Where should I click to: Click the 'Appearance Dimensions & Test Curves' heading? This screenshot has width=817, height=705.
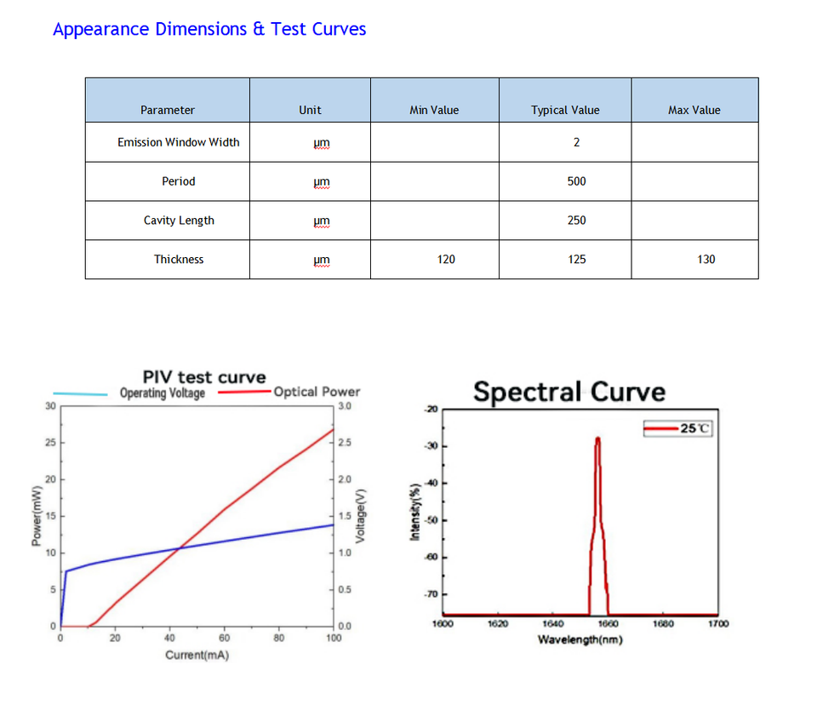209,29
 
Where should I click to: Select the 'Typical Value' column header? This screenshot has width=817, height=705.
565,110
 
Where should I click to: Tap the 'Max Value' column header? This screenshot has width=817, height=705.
694,110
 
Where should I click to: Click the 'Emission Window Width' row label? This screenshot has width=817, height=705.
179,142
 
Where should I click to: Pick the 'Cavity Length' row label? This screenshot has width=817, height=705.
179,221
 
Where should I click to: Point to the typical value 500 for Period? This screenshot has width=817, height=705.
577,181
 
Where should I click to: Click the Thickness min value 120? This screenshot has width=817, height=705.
446,260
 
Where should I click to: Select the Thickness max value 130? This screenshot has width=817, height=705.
706,260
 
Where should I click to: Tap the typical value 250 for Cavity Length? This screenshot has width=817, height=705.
577,221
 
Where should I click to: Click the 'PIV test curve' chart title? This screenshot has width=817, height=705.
204,376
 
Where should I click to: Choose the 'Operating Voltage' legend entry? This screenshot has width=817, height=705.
162,393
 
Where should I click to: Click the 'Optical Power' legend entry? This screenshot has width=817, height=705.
317,392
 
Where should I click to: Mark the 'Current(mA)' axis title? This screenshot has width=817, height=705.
197,655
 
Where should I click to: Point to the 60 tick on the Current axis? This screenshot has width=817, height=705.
225,637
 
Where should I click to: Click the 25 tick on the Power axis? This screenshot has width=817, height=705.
49,443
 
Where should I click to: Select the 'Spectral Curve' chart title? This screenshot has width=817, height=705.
569,393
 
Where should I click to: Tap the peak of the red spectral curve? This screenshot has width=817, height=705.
598,438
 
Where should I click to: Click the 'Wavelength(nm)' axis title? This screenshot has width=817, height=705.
580,639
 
